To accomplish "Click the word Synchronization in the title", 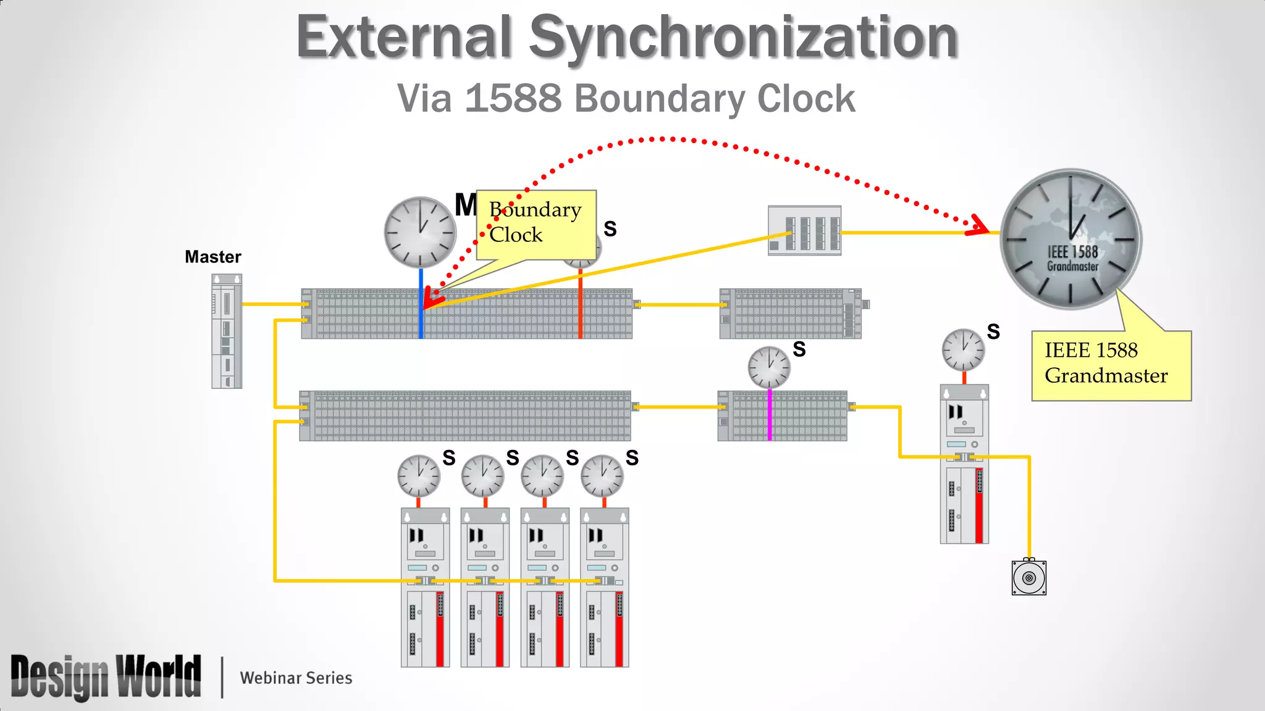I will pos(744,38).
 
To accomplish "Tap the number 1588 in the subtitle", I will pos(513,99).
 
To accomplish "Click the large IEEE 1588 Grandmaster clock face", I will pos(1071,239).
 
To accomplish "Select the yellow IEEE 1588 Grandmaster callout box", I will pos(1111,365).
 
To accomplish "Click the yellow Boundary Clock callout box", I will pos(536,224).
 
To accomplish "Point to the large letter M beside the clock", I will pos(466,205).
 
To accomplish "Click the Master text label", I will pos(212,257).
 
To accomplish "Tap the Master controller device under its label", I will pos(227,331).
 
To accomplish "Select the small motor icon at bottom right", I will pos(1028,578).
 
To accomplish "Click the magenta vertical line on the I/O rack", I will pos(770,415).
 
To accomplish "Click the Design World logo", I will pos(106,677).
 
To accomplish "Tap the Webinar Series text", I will pos(296,678).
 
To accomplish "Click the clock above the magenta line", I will pos(769,367).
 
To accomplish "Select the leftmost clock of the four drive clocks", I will pos(419,476).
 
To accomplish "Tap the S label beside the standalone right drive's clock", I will pos(993,332).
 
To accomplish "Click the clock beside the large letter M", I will pos(420,232).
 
